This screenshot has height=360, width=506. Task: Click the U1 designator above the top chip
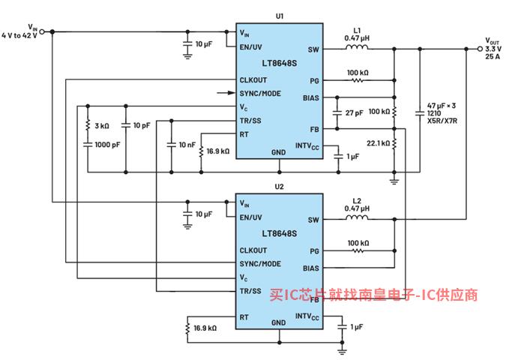click(280, 15)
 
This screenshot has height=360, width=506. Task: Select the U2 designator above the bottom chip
click(280, 186)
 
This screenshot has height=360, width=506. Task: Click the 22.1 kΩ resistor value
click(378, 142)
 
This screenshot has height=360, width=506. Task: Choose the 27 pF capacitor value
click(355, 112)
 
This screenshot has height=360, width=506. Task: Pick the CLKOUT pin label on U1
click(253, 79)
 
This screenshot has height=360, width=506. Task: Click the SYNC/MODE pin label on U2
click(260, 264)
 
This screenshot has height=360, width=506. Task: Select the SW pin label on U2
click(313, 220)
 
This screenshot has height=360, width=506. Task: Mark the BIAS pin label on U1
click(311, 97)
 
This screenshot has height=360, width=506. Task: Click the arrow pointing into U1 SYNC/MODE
click(224, 93)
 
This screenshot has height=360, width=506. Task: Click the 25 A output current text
click(492, 56)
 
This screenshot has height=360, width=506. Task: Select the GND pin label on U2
click(279, 322)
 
